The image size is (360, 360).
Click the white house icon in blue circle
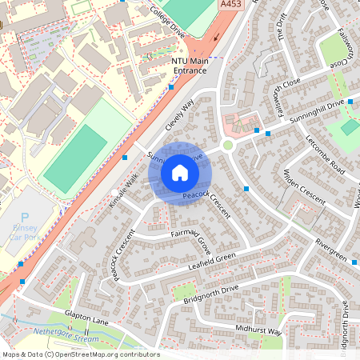click(x=180, y=173)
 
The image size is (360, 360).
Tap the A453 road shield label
click(x=230, y=4)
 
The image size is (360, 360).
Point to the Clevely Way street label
click(x=180, y=117)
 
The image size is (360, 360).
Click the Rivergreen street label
click(x=330, y=249)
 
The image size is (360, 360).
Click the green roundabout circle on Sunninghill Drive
click(x=227, y=146)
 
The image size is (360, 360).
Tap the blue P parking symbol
click(x=24, y=217)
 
